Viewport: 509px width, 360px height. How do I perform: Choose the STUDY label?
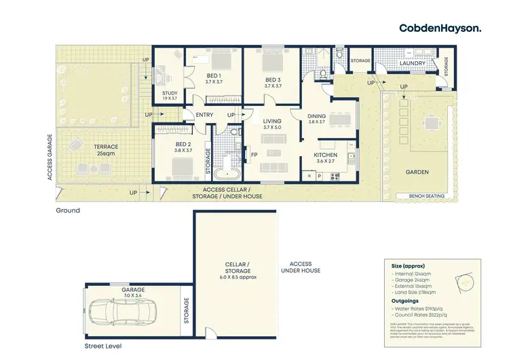coord(170,95)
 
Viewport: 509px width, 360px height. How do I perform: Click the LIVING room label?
coord(271,123)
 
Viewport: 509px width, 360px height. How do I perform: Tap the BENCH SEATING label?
coord(427,196)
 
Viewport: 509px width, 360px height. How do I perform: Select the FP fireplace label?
coord(254,156)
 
